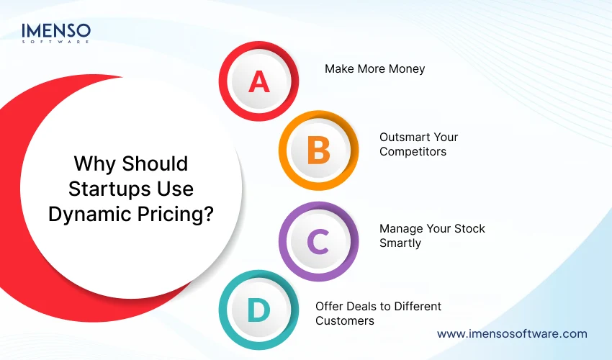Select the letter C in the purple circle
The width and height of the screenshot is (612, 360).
pos(318,241)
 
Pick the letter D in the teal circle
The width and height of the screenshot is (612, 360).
pos(258,311)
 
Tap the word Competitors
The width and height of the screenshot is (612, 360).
pos(413,151)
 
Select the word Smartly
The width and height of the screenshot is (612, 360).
pos(400,243)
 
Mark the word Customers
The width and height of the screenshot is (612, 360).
pos(345,320)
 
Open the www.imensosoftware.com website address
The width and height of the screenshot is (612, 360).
pos(512,334)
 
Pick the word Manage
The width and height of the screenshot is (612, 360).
pos(400,228)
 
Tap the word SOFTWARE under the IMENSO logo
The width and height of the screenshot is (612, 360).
pos(56,42)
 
